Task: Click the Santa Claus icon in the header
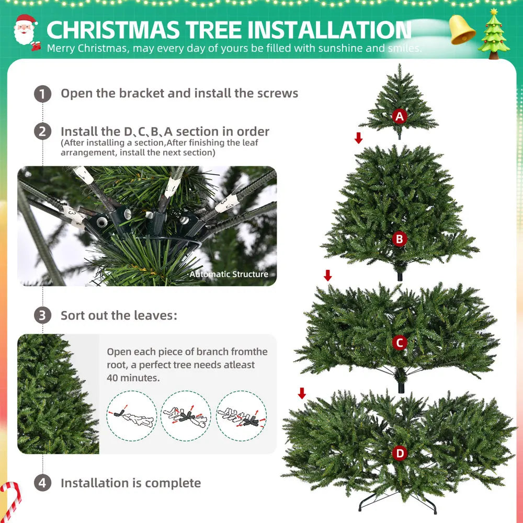(25, 30)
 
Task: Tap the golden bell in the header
(462, 30)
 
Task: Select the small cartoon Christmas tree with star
(494, 33)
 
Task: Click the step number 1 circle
(42, 94)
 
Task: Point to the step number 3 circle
(42, 316)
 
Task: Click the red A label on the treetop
(400, 116)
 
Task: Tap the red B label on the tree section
(400, 239)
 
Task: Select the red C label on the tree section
(400, 343)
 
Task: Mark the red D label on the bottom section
(400, 453)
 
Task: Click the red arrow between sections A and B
(358, 138)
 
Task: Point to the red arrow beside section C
(328, 275)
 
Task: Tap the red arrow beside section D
(302, 393)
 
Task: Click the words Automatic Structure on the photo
(229, 274)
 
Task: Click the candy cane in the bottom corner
(10, 499)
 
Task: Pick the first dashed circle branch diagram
(131, 415)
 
